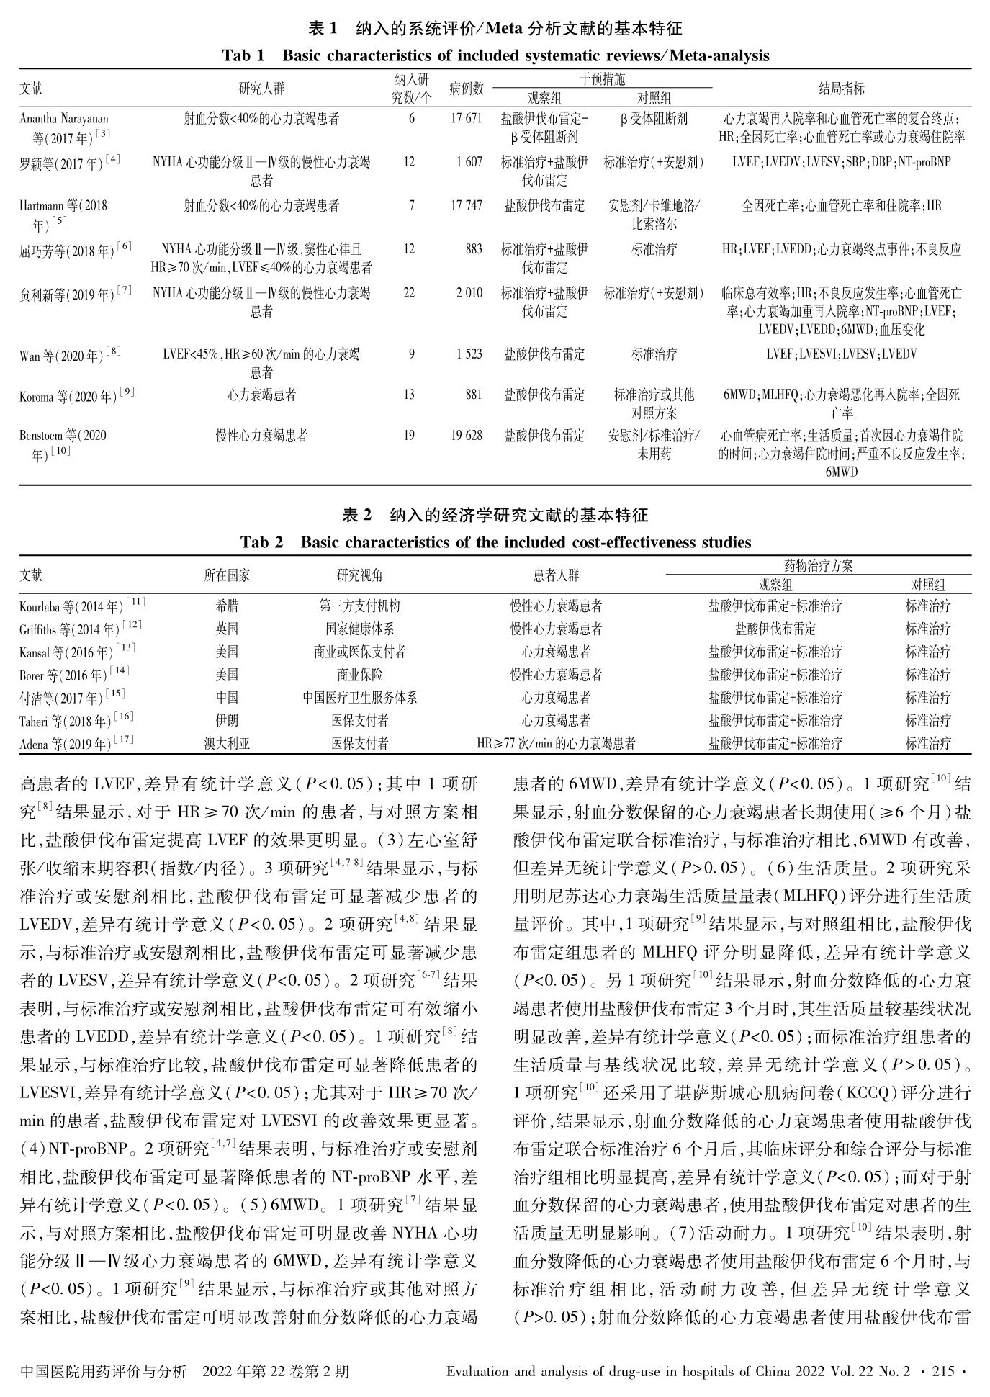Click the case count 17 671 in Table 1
465,119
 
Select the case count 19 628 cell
465,436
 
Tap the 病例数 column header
466,89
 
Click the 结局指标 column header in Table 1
842,89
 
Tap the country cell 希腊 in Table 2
227,606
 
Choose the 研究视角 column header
359,575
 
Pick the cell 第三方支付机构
359,606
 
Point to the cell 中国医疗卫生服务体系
359,698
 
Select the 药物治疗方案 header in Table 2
817,566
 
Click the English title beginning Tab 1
495,55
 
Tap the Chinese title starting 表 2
495,516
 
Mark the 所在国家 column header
227,575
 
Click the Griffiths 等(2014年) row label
80,629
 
